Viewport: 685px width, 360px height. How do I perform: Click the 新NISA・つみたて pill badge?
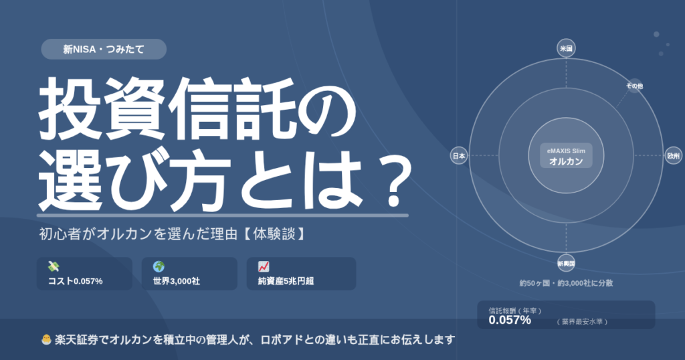pos(104,49)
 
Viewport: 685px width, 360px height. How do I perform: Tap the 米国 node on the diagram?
pos(566,48)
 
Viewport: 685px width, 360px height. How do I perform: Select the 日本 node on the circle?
pos(459,155)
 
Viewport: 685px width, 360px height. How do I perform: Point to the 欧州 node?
pos(673,155)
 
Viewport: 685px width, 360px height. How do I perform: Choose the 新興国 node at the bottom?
pos(566,264)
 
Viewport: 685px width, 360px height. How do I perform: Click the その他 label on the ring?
pos(634,86)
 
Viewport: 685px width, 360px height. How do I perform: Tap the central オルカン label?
pos(566,161)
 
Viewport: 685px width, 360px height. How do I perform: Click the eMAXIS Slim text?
pos(566,151)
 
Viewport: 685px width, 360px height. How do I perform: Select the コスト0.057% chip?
pos(84,274)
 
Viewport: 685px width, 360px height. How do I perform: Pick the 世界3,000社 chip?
pos(189,274)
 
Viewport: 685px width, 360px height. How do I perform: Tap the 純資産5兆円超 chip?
pos(301,274)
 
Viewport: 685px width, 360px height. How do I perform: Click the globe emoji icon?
pos(159,266)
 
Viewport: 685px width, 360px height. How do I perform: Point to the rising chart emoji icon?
pos(264,266)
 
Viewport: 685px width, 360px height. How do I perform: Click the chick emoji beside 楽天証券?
pos(46,339)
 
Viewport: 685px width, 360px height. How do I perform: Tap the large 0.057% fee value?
pos(510,321)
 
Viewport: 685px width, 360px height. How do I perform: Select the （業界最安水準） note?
pos(583,322)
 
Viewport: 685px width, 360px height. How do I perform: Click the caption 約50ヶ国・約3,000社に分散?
pos(566,283)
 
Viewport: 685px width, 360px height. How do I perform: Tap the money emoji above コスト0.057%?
pos(54,266)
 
